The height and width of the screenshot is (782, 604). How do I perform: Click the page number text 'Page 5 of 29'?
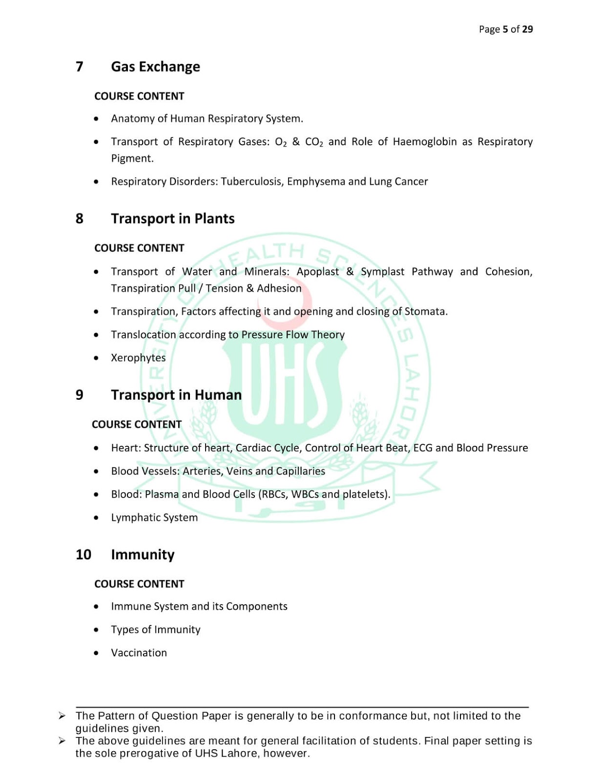coord(505,29)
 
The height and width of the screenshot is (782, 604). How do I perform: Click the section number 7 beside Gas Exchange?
coord(79,66)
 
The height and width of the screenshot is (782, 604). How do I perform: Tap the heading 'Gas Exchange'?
coord(155,66)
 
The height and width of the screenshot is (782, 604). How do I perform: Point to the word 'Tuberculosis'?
coord(251,181)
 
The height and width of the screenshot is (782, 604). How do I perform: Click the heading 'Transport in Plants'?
coord(172,218)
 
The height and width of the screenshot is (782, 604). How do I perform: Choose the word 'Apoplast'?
coord(317,272)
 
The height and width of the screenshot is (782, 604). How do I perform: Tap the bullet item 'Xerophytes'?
coord(138,358)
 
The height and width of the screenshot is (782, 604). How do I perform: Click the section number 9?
coord(79,395)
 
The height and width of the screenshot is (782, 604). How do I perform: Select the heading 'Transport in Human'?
coord(176,395)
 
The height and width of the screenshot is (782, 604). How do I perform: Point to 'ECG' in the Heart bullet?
coord(423,448)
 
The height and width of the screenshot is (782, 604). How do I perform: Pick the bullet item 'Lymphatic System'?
coord(154,518)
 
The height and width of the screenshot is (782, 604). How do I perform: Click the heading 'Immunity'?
coord(143,555)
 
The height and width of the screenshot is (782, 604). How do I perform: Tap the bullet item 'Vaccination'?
coord(139,653)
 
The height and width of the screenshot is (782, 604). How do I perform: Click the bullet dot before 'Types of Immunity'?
coord(96,630)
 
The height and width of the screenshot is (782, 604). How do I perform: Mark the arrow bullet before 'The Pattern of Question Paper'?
coord(62,716)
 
